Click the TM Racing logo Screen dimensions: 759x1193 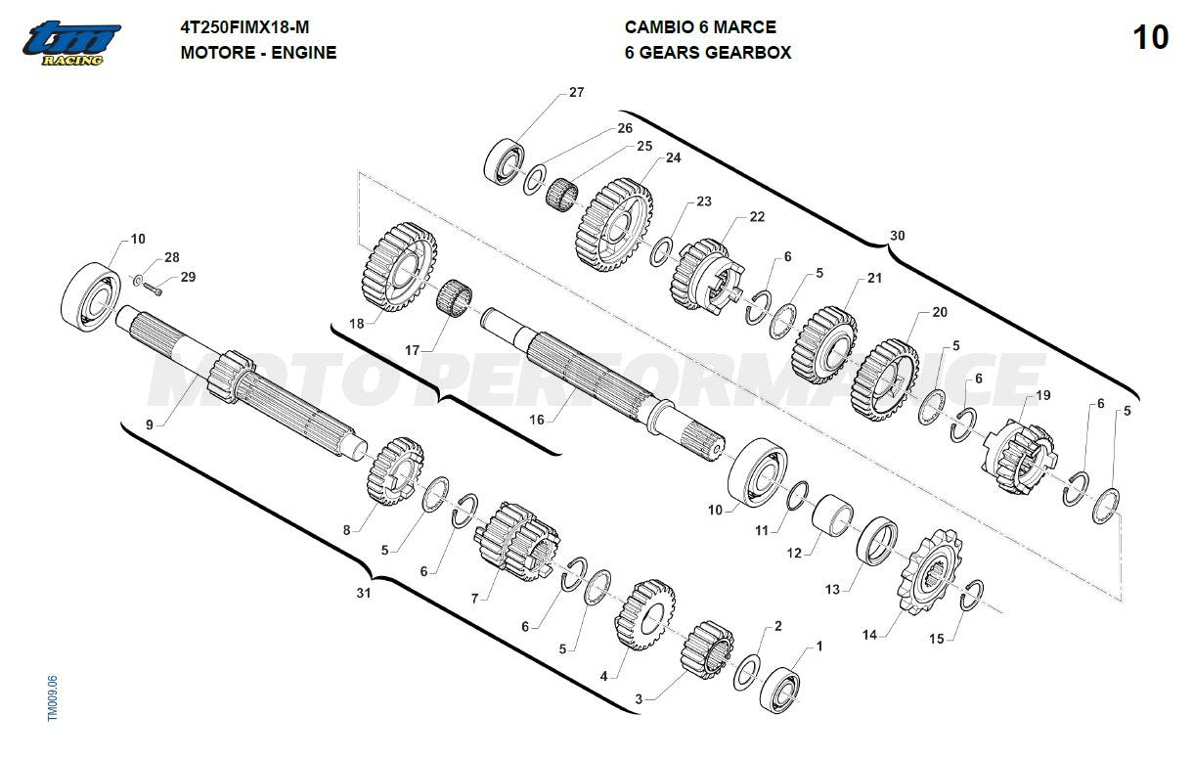(73, 43)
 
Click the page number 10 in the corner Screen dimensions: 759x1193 (1151, 38)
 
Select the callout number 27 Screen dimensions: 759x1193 (576, 93)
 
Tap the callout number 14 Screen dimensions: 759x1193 (869, 635)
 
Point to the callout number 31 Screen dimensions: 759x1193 (364, 593)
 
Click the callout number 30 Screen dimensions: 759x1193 (897, 236)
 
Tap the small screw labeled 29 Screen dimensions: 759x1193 (155, 287)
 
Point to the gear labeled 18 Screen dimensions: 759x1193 (398, 266)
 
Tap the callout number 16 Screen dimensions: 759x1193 (537, 419)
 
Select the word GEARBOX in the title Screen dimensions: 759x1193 (740, 53)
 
